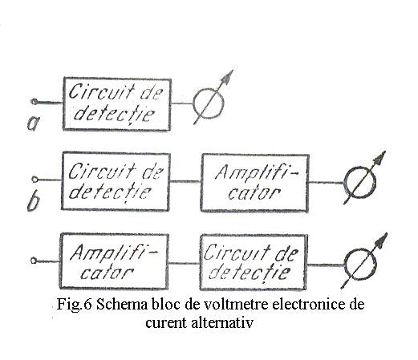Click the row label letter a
pos(33,123)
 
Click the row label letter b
pos(34,202)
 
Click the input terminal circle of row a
pos(34,102)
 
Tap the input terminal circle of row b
pos(34,179)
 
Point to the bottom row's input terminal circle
pos(34,261)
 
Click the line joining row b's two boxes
pos(185,182)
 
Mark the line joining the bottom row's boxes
pos(184,263)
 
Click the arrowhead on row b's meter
pos(379,158)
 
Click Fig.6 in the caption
pos(74,304)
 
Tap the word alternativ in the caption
pos(222,322)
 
